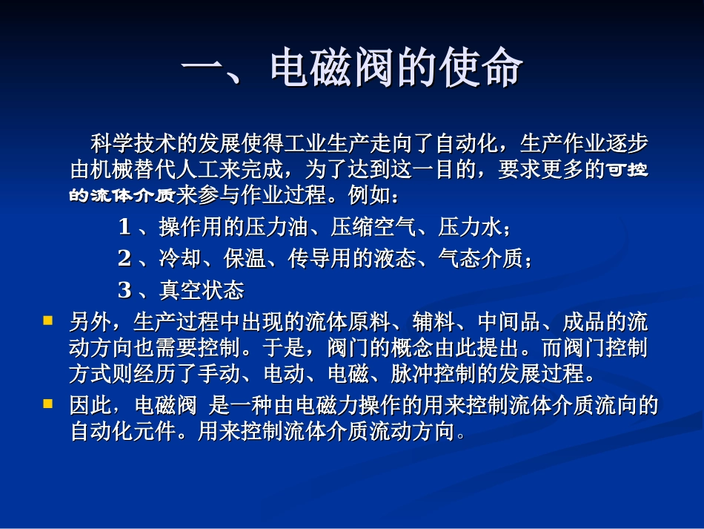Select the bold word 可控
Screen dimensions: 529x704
tap(628, 170)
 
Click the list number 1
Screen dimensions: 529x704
tap(124, 227)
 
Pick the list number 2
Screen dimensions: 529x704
tap(124, 258)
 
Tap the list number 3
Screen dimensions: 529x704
tap(124, 289)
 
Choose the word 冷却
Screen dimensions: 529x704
tap(175, 258)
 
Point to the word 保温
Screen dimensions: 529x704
tap(240, 258)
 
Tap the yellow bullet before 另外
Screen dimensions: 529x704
tap(48, 321)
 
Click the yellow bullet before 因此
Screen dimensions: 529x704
tap(48, 404)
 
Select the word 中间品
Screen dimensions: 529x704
tap(502, 322)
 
